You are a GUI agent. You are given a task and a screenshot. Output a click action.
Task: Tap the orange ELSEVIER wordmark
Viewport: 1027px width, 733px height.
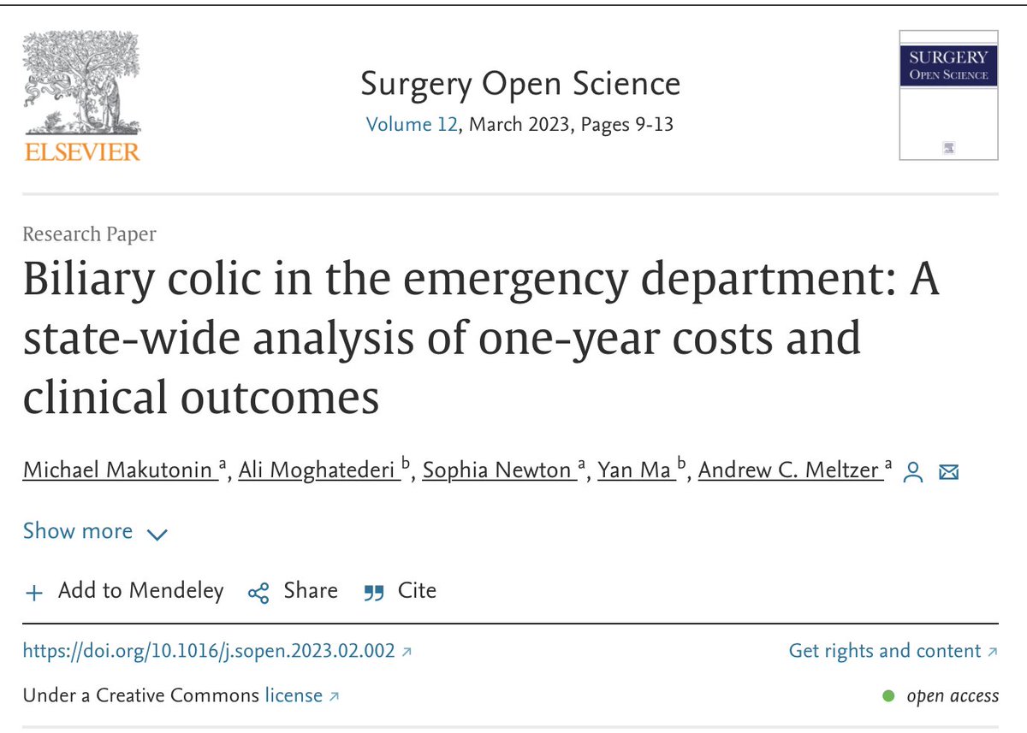[x=81, y=152]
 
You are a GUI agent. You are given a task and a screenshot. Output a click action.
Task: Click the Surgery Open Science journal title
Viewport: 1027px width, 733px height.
[x=520, y=84]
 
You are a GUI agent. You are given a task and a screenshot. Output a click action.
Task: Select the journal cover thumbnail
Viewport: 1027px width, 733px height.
[x=948, y=94]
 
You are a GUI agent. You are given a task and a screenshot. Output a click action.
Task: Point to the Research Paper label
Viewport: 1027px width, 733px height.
[x=90, y=233]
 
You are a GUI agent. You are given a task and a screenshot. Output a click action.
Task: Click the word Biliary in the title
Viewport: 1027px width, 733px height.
[x=90, y=280]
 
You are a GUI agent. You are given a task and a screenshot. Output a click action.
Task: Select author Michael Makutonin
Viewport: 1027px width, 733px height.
[x=120, y=470]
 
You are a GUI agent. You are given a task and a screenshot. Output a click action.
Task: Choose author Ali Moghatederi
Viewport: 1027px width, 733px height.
[x=319, y=470]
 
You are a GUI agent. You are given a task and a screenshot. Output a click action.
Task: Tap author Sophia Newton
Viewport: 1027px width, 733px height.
[x=497, y=470]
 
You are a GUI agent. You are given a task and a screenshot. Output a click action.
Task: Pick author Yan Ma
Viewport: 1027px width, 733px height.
[x=634, y=470]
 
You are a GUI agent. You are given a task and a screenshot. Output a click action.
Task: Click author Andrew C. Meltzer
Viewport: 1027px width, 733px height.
[x=790, y=470]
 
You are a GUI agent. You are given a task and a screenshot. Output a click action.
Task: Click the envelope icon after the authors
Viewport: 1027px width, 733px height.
[x=948, y=471]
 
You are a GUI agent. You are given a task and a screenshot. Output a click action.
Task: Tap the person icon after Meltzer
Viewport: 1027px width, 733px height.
[x=914, y=471]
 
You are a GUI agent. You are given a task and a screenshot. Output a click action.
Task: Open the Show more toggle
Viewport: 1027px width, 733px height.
[x=95, y=532]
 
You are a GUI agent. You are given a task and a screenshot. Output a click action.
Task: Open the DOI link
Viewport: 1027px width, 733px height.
[x=210, y=651]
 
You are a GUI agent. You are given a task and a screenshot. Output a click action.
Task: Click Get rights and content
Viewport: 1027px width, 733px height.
[x=885, y=651]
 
